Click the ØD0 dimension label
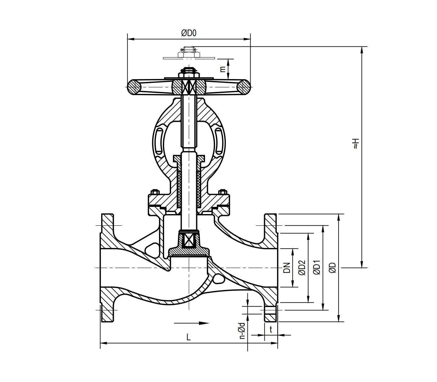[x=189, y=33]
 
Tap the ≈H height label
[x=355, y=143]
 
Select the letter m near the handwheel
[x=223, y=69]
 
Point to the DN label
[x=286, y=268]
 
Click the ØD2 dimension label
[x=302, y=268]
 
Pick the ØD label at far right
[x=333, y=268]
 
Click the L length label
[x=188, y=337]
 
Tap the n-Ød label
[x=242, y=331]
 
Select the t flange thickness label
[x=271, y=329]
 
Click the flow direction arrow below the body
[x=191, y=323]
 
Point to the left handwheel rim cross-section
[x=135, y=87]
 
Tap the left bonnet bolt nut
[x=155, y=192]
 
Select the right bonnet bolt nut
[x=223, y=192]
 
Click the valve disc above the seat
[x=189, y=251]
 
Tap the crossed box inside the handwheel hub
[x=189, y=87]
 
